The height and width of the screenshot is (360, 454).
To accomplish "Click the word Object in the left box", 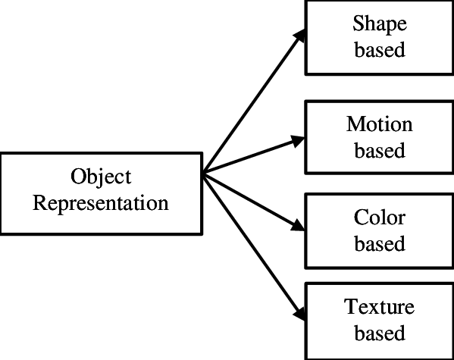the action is tap(101, 177).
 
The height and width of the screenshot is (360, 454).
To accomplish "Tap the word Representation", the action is tap(101, 203).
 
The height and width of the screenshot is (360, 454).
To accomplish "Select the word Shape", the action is tap(380, 25).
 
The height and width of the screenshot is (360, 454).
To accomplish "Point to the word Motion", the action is tap(379, 124).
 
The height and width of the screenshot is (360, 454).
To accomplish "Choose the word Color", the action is tap(379, 218).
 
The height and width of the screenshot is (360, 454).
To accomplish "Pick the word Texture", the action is tap(379, 306).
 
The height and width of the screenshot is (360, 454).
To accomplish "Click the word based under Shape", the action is tap(380, 49).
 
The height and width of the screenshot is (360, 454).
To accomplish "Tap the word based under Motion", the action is tap(380, 150).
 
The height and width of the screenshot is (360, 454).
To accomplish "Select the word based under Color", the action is tap(380, 243).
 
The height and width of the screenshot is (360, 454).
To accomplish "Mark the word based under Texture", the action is tap(380, 332).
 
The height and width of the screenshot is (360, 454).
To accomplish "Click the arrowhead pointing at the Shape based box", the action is tap(299, 36).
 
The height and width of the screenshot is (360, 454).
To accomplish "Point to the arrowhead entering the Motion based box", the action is tap(298, 141).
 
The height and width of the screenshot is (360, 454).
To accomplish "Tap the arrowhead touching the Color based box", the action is tap(298, 226).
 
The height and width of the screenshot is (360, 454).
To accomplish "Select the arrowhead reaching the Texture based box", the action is tap(300, 313).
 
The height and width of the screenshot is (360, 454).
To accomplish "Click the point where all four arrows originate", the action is tap(204, 174).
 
